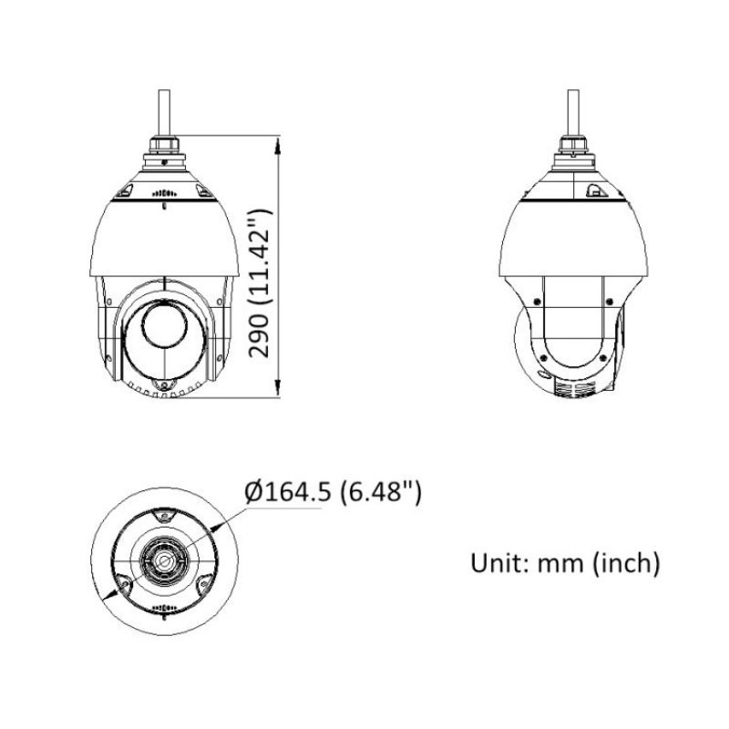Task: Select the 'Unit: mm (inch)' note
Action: [565, 562]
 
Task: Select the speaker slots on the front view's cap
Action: [164, 194]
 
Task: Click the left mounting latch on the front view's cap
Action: [126, 190]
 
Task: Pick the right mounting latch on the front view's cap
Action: [203, 190]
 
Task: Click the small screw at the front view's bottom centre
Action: [165, 386]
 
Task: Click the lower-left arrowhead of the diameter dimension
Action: [112, 592]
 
